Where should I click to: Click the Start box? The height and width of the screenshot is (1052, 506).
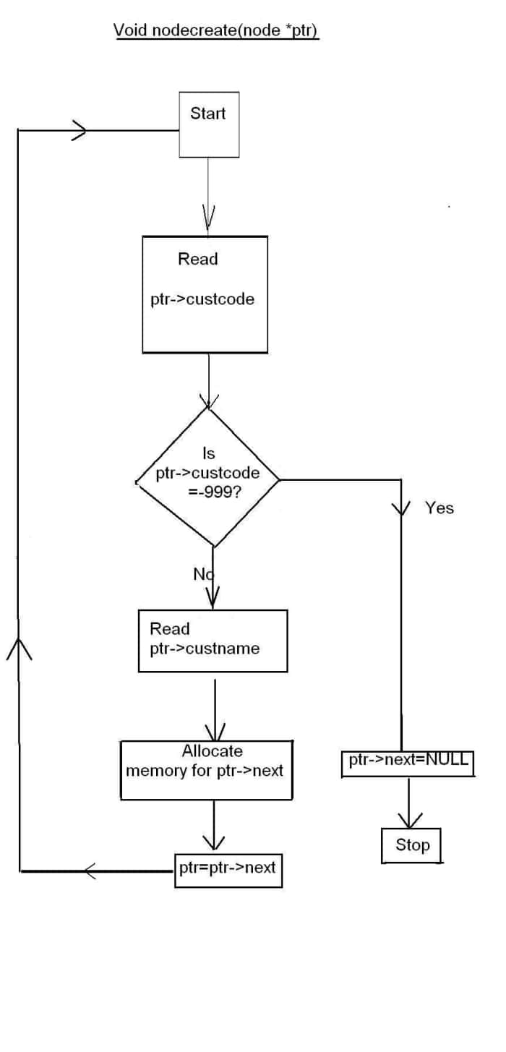[x=208, y=124]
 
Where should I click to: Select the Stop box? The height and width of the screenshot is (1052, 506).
[x=411, y=844]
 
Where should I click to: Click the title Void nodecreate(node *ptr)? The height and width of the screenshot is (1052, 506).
[x=216, y=30]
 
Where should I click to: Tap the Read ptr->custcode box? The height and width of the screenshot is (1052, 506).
[x=205, y=294]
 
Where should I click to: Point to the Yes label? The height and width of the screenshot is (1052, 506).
[x=439, y=508]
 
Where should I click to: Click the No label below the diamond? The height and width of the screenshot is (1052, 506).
[x=202, y=574]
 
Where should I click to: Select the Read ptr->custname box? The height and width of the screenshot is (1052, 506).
[x=213, y=641]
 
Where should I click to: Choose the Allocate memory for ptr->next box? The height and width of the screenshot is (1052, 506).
[x=206, y=769]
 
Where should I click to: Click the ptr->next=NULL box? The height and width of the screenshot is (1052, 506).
[x=408, y=763]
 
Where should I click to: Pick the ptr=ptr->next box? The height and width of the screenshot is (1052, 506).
[x=228, y=870]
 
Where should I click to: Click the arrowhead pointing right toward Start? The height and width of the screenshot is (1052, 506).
[x=80, y=131]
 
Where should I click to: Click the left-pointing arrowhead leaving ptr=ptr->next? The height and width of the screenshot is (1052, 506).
[x=90, y=871]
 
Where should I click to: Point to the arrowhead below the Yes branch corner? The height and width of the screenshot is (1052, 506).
[x=400, y=509]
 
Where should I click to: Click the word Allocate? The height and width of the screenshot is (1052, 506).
[x=212, y=751]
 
